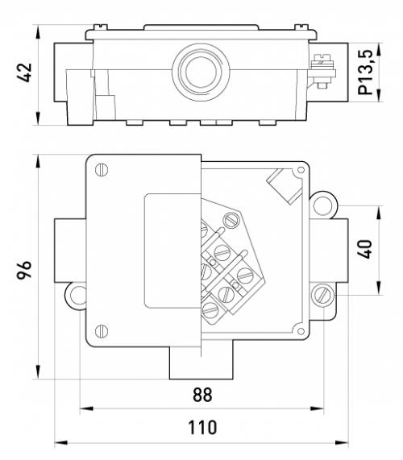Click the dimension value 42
tap(25, 73)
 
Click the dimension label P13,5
tap(366, 73)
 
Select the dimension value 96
tap(25, 270)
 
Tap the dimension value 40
tap(365, 250)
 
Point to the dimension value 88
tap(202, 395)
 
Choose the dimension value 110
tap(202, 428)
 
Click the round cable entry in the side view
tap(201, 73)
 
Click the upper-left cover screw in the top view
tap(102, 169)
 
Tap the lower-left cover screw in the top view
tap(102, 331)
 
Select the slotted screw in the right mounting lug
tap(322, 295)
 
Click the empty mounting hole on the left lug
tap(79, 296)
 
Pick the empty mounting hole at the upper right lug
tap(322, 205)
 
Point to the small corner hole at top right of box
tap(301, 169)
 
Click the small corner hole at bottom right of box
tap(301, 331)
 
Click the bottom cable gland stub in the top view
tap(201, 363)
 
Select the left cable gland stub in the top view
tap(70, 251)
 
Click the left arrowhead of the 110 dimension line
tap(61, 442)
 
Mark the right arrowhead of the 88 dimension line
tap(318, 408)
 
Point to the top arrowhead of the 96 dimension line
tap(38, 161)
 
